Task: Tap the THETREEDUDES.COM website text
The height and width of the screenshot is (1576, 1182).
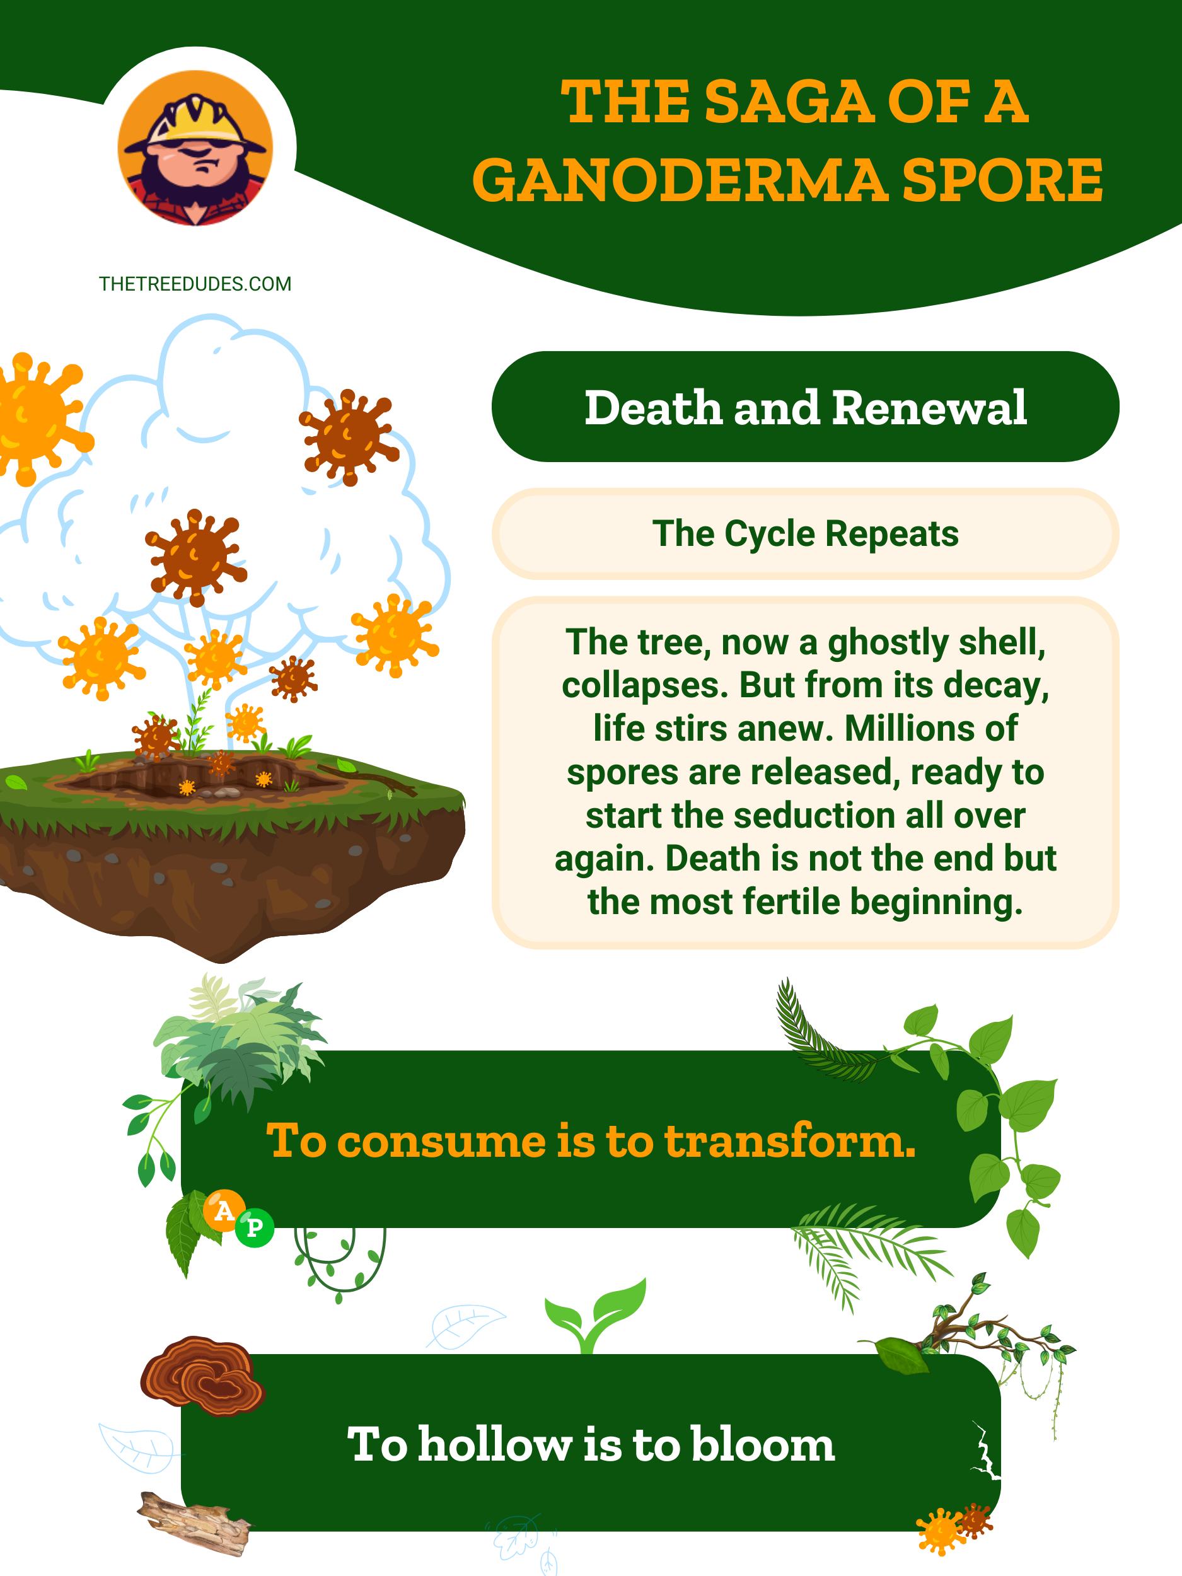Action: click(195, 284)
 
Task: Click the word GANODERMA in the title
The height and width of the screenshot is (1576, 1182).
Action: click(680, 180)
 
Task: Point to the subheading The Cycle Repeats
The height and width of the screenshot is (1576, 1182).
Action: click(805, 534)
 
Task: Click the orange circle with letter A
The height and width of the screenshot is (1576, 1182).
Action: click(224, 1210)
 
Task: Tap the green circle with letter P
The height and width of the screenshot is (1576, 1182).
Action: click(254, 1227)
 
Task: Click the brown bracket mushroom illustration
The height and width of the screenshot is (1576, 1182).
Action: click(202, 1374)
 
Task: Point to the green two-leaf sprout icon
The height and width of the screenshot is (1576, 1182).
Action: click(595, 1314)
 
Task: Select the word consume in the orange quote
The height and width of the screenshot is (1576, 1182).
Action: click(442, 1142)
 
